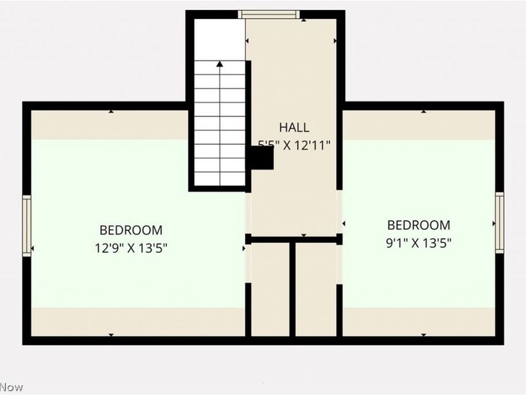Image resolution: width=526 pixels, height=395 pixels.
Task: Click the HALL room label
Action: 294,127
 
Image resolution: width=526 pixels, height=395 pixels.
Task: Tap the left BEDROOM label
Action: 131,230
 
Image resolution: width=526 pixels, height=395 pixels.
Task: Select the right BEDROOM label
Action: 419,225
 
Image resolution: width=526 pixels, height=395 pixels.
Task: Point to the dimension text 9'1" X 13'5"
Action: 419,242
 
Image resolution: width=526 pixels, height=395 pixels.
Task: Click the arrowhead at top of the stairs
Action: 220,65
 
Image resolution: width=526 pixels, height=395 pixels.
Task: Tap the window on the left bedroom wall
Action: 27,226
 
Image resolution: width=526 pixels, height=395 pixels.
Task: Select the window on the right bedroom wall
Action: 499,223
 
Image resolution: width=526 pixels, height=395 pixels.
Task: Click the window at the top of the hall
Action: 269,14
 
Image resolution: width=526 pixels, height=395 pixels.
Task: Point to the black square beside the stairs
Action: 261,158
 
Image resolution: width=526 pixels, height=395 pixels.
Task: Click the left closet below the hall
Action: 270,290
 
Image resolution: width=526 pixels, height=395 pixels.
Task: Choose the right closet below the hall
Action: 316,290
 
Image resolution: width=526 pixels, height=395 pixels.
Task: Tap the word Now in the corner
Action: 11,387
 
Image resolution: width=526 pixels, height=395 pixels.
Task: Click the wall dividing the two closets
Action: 293,290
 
